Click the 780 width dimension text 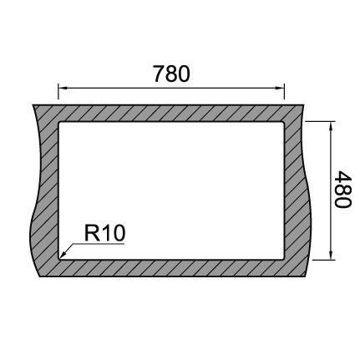171,74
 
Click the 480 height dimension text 342,190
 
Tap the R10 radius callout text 104,233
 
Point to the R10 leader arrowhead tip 61,256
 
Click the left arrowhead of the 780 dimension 63,89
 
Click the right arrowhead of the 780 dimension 280,89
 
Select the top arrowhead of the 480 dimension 331,126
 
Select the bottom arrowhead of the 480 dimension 331,255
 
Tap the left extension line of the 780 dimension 58,91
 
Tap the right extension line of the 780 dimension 284,91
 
